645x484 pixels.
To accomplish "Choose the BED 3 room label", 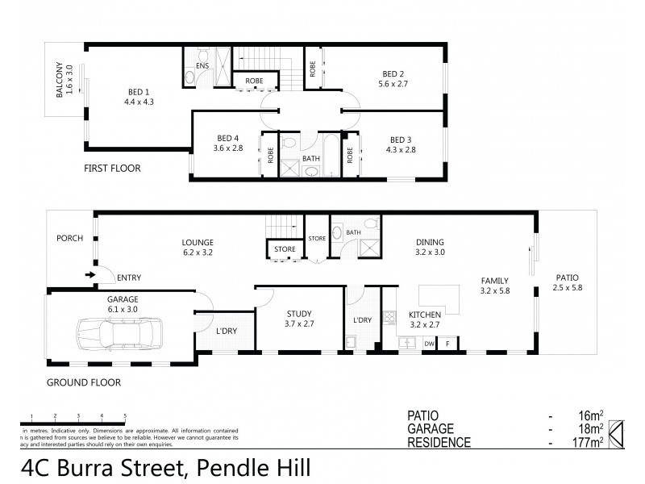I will (401, 138).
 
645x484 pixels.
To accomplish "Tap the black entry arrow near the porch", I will (89, 276).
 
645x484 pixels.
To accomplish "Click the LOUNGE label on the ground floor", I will (198, 241).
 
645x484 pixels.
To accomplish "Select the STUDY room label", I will (299, 314).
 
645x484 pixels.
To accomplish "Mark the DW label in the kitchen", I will (428, 344).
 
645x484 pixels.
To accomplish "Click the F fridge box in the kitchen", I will (448, 344).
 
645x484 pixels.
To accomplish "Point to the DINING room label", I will (430, 241).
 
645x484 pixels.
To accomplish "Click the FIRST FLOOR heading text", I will (112, 169).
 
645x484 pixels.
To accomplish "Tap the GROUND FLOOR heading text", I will (84, 382).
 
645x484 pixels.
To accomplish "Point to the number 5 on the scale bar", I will (124, 416).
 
